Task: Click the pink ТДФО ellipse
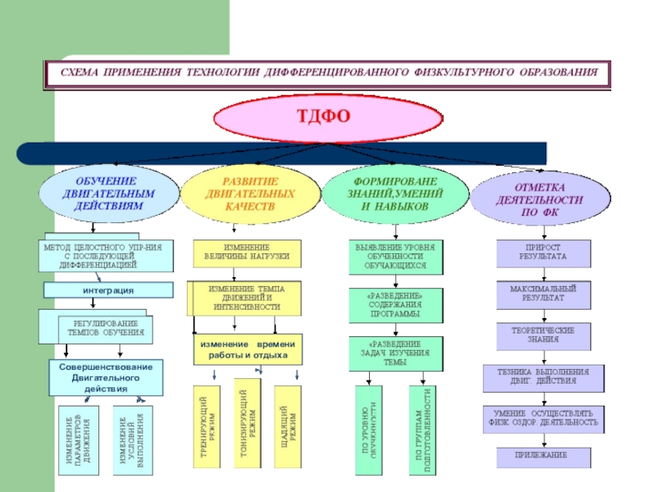point(328,116)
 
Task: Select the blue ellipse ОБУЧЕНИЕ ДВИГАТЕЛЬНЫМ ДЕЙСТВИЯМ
point(107,194)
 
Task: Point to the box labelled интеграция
point(108,290)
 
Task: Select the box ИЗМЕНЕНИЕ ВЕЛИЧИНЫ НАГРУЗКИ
point(247,252)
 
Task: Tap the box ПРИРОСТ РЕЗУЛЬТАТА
point(543,252)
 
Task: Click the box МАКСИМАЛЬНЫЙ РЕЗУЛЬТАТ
point(543,295)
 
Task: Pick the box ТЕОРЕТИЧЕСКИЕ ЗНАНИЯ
point(543,335)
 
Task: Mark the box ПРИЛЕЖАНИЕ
point(543,454)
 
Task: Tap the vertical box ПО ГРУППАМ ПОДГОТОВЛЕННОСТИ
point(424,430)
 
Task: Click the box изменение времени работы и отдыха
point(248,349)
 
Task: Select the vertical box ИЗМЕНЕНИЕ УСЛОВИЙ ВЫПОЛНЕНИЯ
point(131,439)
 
